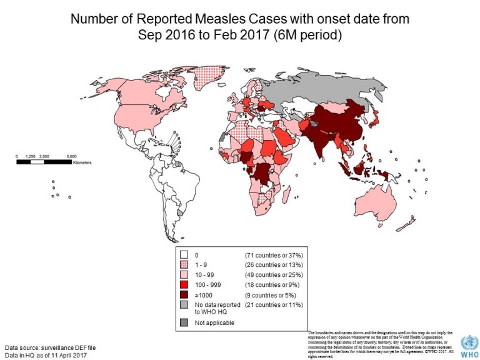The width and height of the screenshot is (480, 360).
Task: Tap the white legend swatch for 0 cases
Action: pos(184,254)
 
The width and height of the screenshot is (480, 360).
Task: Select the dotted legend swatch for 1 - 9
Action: pos(184,264)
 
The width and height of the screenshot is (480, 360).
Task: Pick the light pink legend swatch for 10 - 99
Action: pos(184,274)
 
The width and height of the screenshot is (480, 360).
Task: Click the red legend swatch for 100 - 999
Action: pos(184,284)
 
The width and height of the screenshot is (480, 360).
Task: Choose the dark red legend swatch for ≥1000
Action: pos(184,294)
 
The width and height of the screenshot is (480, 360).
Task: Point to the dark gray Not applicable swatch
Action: pos(184,322)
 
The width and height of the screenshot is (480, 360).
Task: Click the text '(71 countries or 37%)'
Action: pos(273,254)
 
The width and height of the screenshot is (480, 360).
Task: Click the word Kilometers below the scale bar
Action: pos(81,162)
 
